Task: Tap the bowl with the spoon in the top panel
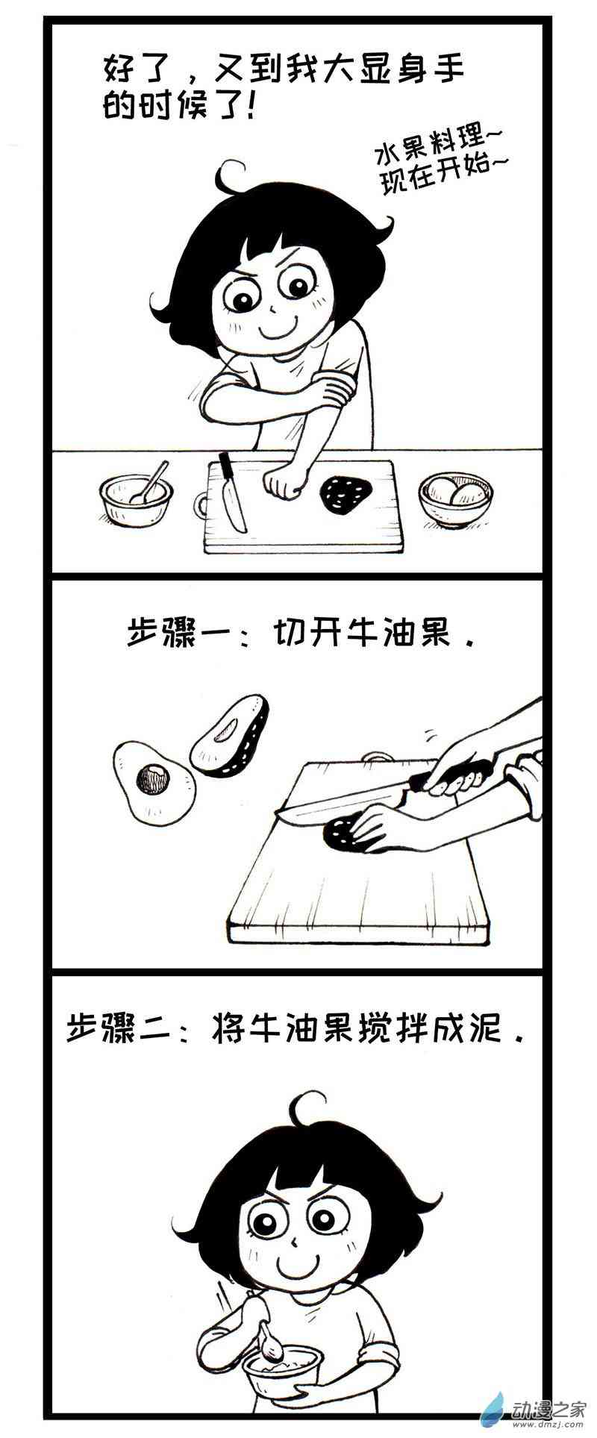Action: point(136,498)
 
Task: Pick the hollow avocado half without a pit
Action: point(229,736)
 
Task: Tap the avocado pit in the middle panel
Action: point(153,780)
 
